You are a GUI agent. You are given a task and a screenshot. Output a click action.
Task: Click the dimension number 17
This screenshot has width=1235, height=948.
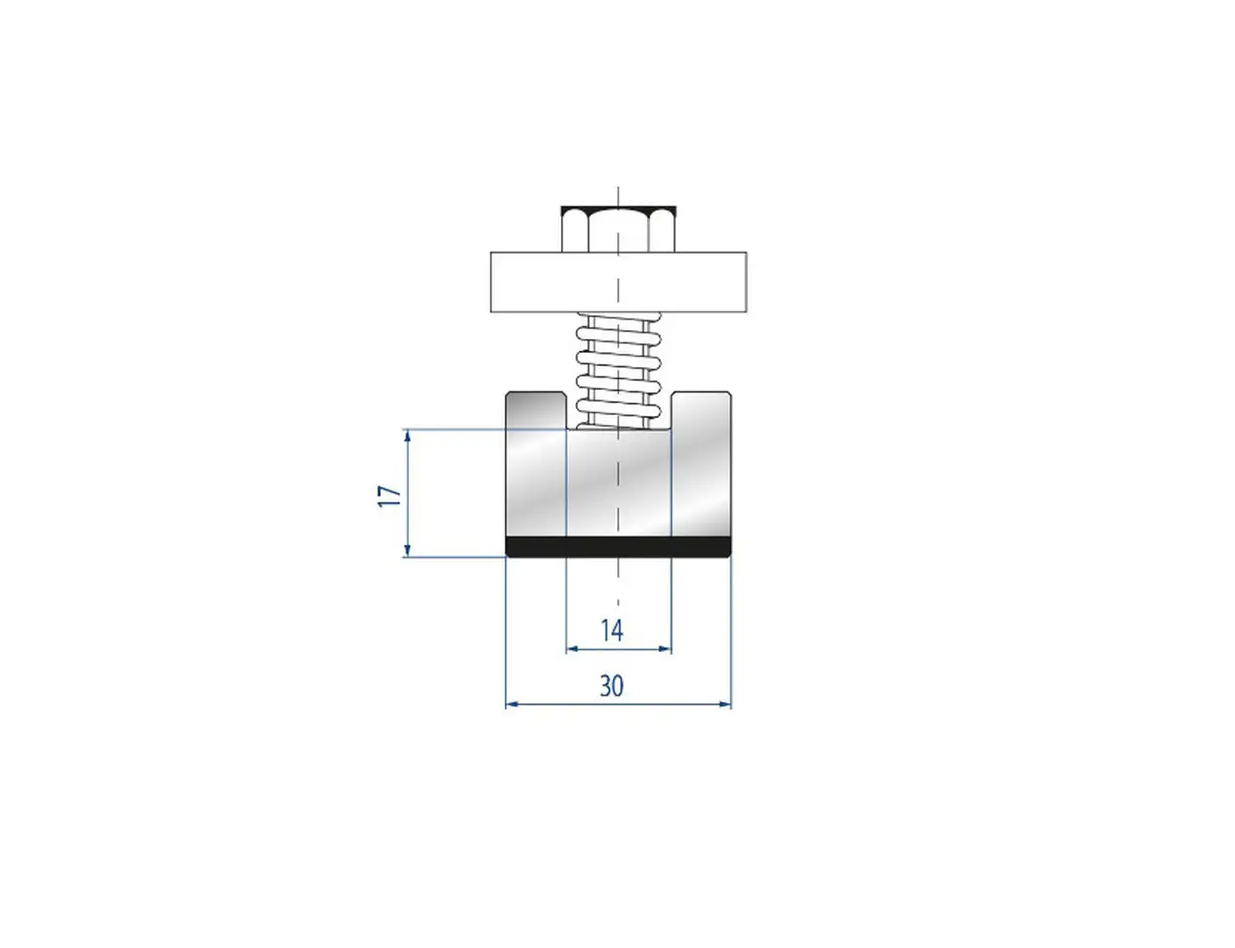coord(391,496)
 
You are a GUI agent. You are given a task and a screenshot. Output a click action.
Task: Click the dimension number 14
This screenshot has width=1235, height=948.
coord(612,631)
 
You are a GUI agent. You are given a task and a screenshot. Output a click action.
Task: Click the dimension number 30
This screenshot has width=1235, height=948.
coord(612,686)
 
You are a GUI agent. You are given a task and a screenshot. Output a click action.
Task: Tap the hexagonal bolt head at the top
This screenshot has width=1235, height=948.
coord(618,229)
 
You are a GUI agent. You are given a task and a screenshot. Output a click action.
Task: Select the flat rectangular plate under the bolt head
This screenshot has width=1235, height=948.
coord(618,282)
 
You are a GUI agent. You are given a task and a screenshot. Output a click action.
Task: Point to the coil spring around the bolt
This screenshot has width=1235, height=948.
coord(619,370)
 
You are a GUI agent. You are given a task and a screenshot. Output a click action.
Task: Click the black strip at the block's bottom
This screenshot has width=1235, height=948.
coord(618,547)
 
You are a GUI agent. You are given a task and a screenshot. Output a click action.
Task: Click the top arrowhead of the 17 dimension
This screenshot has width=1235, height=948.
coord(407,436)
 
